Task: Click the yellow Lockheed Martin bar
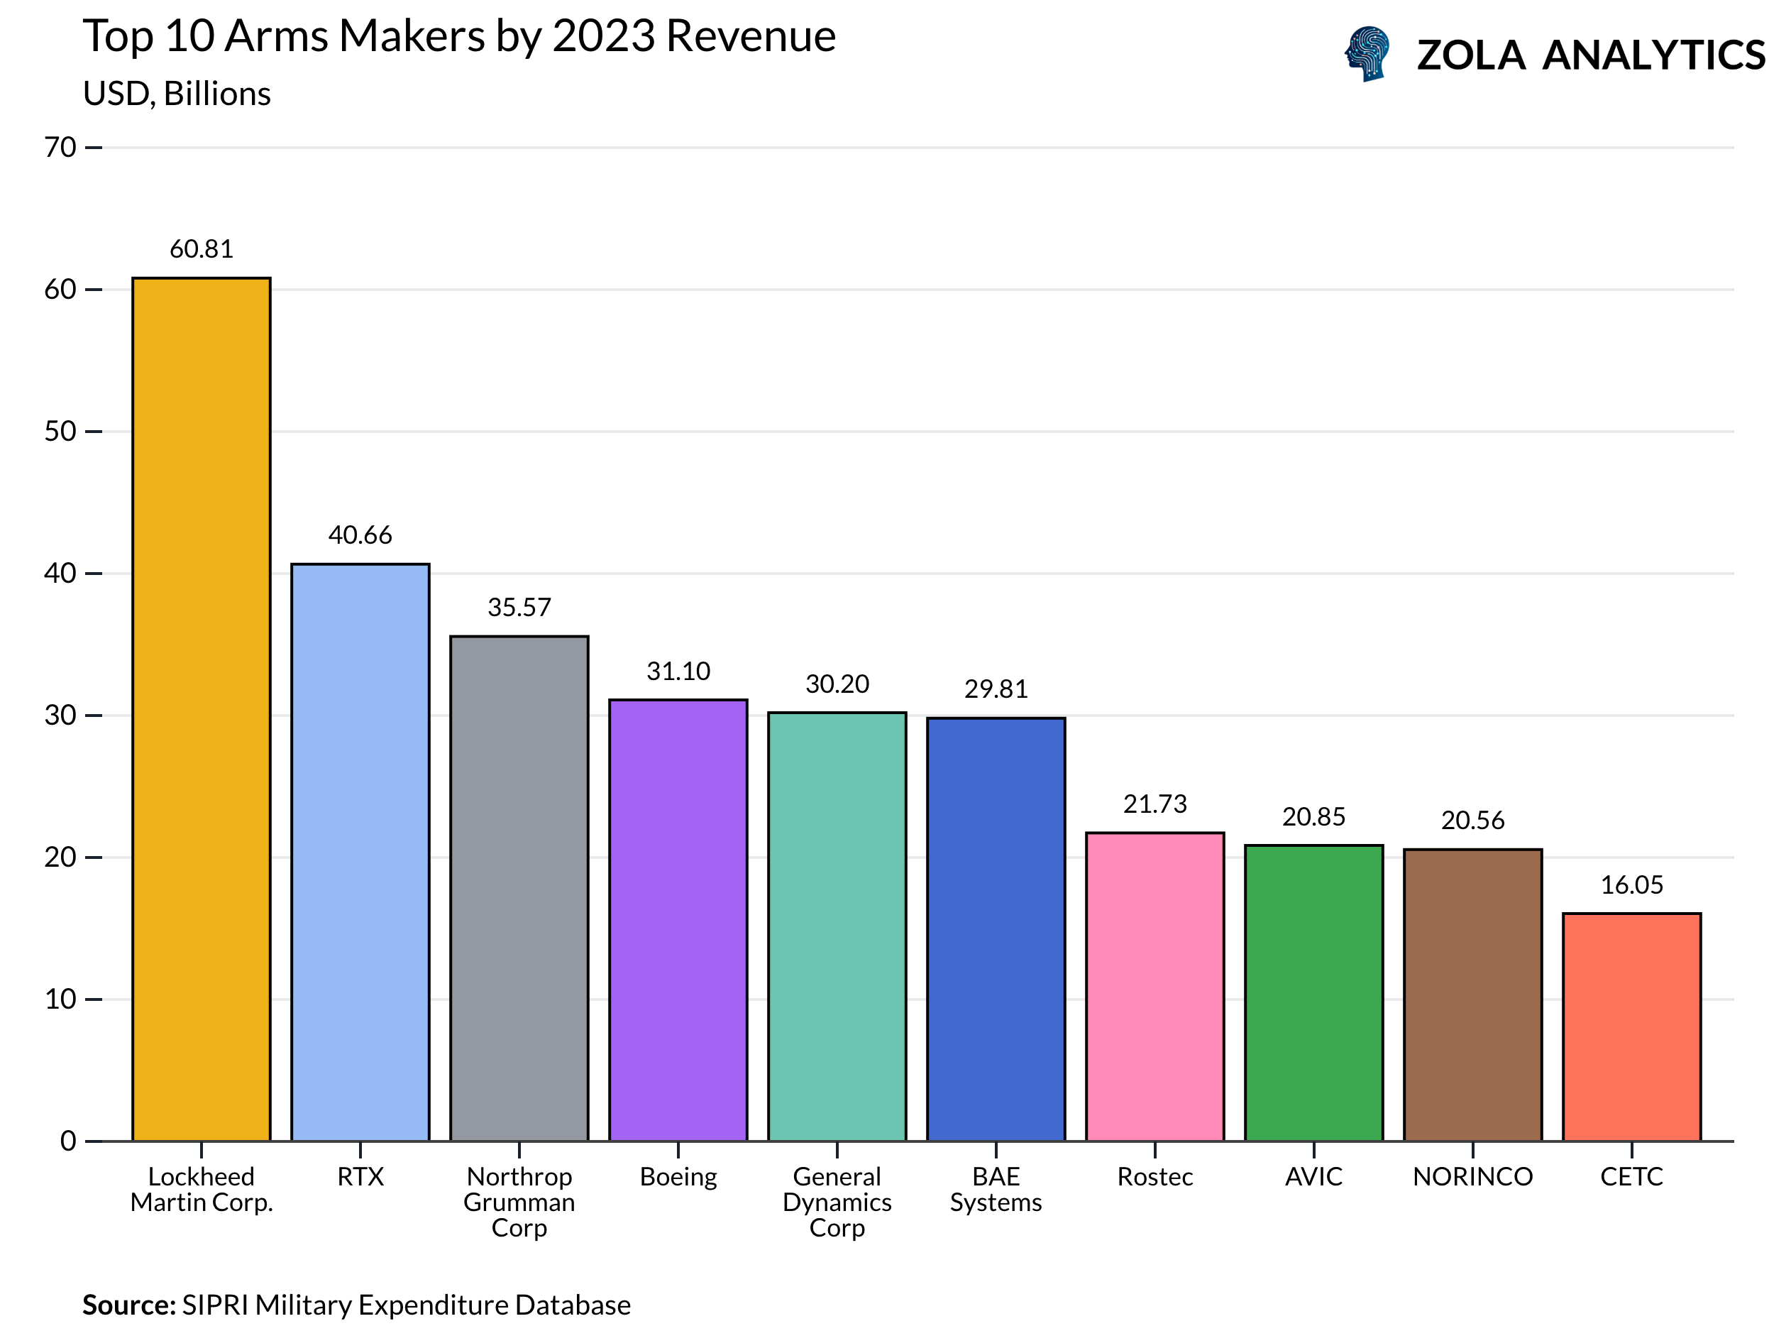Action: (202, 710)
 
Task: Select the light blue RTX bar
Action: (360, 853)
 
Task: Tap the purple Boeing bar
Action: (678, 920)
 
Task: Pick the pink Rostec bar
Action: (1154, 987)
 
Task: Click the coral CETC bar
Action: (1631, 1026)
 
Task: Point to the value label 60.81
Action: (202, 249)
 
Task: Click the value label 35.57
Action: (519, 608)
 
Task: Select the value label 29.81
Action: (996, 689)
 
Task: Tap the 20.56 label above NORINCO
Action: (1472, 821)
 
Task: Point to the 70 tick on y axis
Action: (60, 148)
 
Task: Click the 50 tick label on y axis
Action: (60, 432)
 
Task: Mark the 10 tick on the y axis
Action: (60, 999)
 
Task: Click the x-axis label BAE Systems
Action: (996, 1190)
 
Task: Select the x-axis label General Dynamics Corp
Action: (837, 1202)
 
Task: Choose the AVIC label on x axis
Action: (1313, 1177)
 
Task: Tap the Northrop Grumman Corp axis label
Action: (519, 1202)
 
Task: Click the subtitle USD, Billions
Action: (177, 94)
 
